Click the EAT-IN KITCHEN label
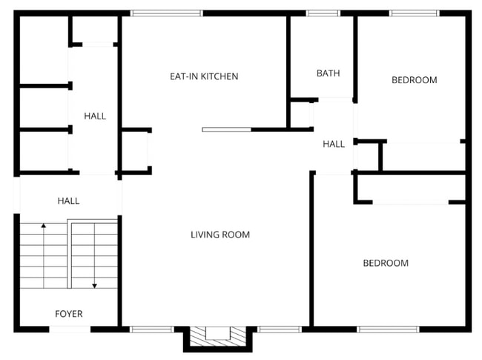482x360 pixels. tap(204, 76)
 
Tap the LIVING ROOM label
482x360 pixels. tap(220, 235)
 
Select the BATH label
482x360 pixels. tap(328, 73)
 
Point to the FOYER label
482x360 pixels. tap(69, 314)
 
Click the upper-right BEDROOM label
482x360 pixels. tap(415, 80)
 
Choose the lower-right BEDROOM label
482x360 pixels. tap(386, 264)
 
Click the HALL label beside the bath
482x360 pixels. tap(334, 144)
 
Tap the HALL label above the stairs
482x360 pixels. tap(68, 201)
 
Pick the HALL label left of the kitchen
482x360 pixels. tap(95, 116)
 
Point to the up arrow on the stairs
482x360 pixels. tap(44, 225)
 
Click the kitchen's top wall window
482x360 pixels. tap(167, 13)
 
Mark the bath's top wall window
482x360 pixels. tap(323, 13)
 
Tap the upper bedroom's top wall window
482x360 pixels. tap(414, 13)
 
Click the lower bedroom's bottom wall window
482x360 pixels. tap(389, 328)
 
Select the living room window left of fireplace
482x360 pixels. tap(153, 328)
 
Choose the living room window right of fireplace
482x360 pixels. tap(280, 328)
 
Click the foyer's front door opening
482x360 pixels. tap(70, 328)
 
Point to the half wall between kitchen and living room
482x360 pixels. tap(227, 130)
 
